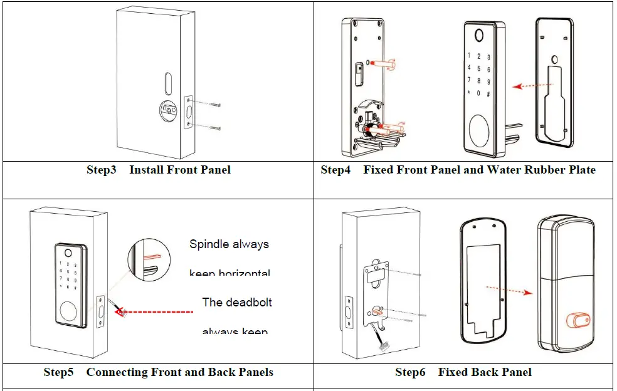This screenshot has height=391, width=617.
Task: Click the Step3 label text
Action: pyautogui.click(x=102, y=170)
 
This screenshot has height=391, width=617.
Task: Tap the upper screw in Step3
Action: pyautogui.click(x=214, y=102)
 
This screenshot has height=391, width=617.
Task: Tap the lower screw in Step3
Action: pyautogui.click(x=214, y=127)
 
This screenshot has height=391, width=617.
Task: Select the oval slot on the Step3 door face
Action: pyautogui.click(x=167, y=81)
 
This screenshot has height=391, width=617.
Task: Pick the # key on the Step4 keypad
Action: pyautogui.click(x=488, y=93)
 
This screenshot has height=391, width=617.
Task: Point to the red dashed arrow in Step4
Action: pyautogui.click(x=525, y=86)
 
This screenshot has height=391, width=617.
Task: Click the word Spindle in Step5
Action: pyautogui.click(x=209, y=244)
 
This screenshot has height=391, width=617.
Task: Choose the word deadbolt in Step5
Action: pyautogui.click(x=250, y=302)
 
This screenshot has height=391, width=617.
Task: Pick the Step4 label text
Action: pyautogui.click(x=335, y=170)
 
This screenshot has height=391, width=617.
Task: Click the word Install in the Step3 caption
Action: pyautogui.click(x=146, y=170)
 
